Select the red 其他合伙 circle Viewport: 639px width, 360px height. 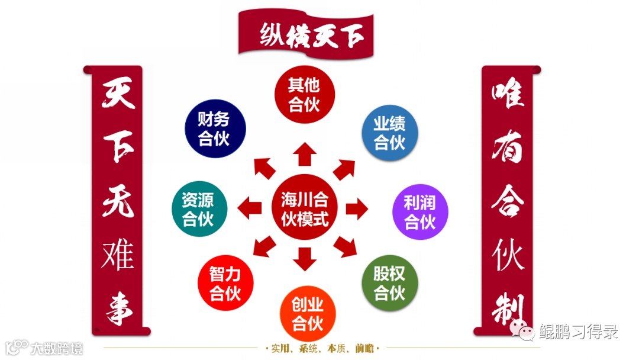point(305,95)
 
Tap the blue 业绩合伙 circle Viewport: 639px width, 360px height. point(389,133)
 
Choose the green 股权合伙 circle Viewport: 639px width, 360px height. point(389,283)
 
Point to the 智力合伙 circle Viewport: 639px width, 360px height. point(225,284)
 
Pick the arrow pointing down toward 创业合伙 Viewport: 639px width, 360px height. point(305,259)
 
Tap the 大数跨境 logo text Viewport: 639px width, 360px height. point(57,348)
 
